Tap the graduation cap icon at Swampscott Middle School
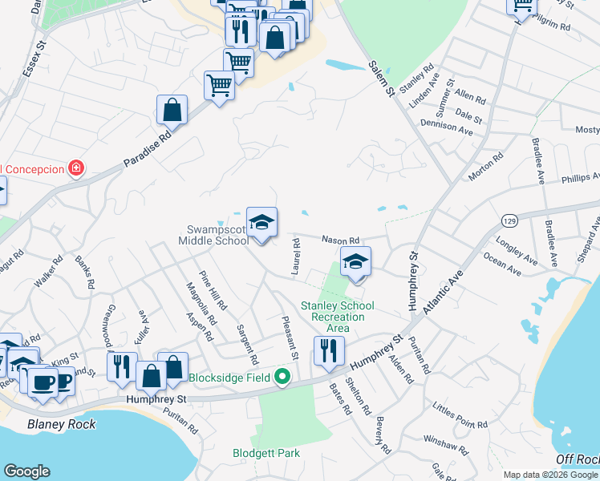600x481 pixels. (x=261, y=221)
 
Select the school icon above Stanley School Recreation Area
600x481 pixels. (x=356, y=261)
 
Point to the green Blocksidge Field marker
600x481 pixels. (x=282, y=377)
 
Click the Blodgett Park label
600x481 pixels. (x=266, y=453)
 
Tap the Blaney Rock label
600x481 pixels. (x=61, y=425)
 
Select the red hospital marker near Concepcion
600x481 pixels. (x=76, y=168)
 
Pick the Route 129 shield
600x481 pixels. (x=509, y=219)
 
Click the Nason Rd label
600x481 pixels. (x=341, y=238)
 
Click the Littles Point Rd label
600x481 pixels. (x=460, y=417)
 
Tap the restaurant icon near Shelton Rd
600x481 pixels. (x=329, y=350)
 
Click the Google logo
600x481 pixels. (x=26, y=471)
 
